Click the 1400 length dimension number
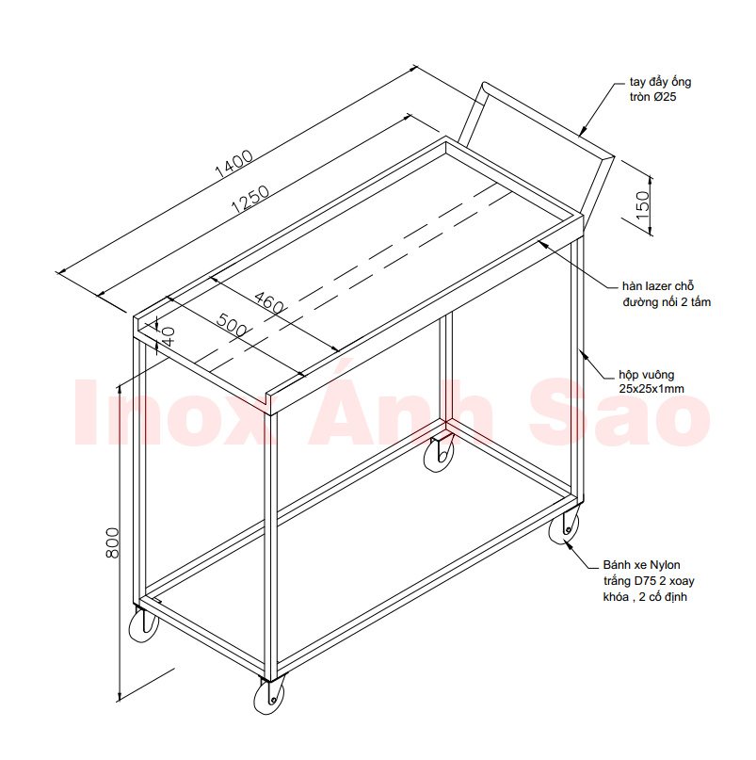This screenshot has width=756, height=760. coord(233,163)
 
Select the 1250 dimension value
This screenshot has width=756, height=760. coord(250,200)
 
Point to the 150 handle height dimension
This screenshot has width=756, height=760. coord(642,205)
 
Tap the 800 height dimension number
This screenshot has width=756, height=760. coord(112,542)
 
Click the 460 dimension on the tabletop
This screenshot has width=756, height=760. coord(269,302)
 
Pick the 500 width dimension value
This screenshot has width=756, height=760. coord(232,325)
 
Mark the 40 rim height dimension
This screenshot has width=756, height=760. coord(169,336)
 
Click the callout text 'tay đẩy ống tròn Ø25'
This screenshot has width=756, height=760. coord(660,89)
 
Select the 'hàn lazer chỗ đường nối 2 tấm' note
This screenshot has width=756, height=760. coord(667,294)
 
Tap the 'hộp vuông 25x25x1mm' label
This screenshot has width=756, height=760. coord(651,381)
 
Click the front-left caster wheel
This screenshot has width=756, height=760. coord(143,625)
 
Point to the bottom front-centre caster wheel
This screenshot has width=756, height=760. coord(269,696)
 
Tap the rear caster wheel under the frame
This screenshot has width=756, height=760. coord(439,454)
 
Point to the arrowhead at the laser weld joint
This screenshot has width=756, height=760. coord(544,243)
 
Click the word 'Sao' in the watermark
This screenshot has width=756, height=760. coord(619,413)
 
